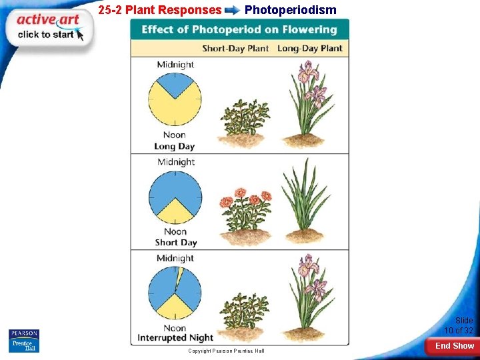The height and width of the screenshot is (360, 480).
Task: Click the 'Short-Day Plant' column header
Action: (x=236, y=49)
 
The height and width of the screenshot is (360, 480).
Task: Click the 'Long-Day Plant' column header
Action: (x=309, y=49)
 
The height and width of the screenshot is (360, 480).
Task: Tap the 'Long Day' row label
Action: (x=174, y=146)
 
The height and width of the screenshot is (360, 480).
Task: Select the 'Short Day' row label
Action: (x=175, y=243)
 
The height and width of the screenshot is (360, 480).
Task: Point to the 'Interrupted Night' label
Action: (x=175, y=338)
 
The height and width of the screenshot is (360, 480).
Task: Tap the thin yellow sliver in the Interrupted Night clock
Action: (x=179, y=275)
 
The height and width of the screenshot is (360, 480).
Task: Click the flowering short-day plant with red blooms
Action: (x=245, y=211)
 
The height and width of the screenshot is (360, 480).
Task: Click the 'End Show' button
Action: (x=454, y=346)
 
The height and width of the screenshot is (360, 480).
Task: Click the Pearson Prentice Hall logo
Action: (x=24, y=340)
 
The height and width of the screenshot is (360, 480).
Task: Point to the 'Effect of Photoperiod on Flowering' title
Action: (x=239, y=30)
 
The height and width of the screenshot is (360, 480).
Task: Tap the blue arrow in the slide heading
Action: (x=233, y=11)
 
